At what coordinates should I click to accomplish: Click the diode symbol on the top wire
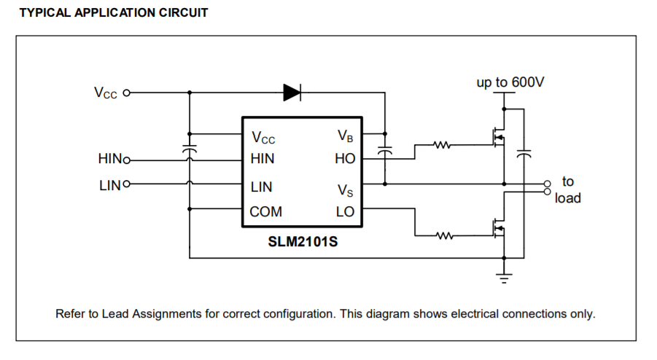[x=292, y=93]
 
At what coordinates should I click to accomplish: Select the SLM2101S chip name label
[x=303, y=241]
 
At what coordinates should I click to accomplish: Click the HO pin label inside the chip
[x=344, y=159]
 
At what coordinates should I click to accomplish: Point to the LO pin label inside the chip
[x=345, y=212]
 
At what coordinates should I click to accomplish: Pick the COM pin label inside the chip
[x=266, y=212]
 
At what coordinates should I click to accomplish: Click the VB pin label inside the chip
[x=346, y=136]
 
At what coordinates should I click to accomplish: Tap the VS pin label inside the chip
[x=345, y=190]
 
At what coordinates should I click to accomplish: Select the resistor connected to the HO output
[x=443, y=145]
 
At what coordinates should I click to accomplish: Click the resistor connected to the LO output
[x=443, y=235]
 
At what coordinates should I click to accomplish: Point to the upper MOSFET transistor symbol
[x=499, y=136]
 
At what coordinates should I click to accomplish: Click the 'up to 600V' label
[x=510, y=82]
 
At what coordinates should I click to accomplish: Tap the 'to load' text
[x=567, y=189]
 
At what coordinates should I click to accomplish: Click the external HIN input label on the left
[x=111, y=159]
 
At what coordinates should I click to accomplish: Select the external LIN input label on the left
[x=111, y=185]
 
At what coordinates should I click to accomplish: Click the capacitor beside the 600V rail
[x=524, y=154]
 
